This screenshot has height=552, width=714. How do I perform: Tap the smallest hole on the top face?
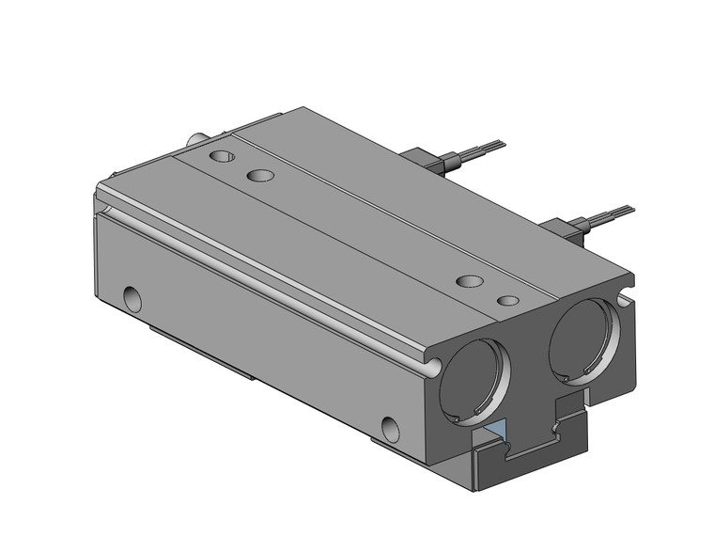click(x=508, y=301)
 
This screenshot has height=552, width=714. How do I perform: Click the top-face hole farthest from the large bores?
click(x=223, y=156)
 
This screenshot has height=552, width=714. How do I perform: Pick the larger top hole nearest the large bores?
click(x=469, y=280)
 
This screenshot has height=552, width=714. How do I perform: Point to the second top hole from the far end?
click(x=259, y=175)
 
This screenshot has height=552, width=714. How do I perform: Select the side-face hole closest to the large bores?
click(x=390, y=428)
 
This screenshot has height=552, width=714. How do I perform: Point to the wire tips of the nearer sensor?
click(x=619, y=211)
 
